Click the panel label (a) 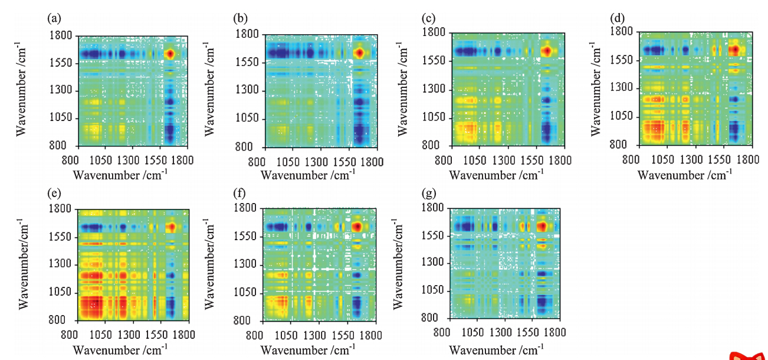(x=53, y=18)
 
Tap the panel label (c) (x=429, y=18)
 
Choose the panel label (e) (x=53, y=193)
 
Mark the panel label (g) (x=429, y=193)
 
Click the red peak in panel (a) (x=170, y=54)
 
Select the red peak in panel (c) (x=546, y=51)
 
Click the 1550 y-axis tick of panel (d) (x=622, y=60)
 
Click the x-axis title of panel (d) (x=684, y=175)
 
